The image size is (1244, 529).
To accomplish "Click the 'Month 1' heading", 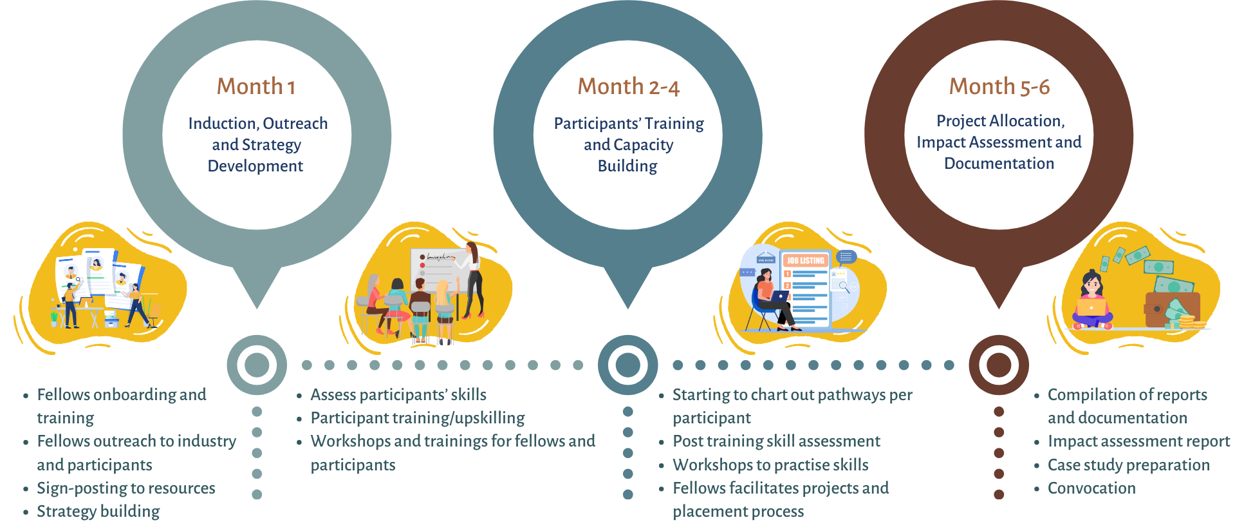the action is (x=256, y=86).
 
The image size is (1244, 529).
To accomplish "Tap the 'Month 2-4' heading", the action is (x=628, y=86).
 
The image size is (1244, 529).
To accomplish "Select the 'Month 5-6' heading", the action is (x=999, y=86).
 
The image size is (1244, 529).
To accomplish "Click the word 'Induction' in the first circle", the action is (x=223, y=123).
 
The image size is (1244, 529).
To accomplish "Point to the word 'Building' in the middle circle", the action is (x=627, y=166).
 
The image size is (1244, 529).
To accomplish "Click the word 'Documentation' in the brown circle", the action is (x=999, y=164).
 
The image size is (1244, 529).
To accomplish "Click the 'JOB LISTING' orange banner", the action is (x=805, y=260).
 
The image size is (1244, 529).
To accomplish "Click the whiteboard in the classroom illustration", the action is (x=438, y=270).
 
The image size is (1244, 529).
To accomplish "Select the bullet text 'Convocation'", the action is (x=1091, y=488).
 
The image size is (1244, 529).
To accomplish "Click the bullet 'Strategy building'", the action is (x=98, y=512).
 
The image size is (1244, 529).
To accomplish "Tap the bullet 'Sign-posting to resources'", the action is (x=126, y=488).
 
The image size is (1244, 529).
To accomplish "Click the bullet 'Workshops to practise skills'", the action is (x=770, y=465).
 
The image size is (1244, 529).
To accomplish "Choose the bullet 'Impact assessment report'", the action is (x=1138, y=441).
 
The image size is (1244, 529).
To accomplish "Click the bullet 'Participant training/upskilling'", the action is (x=418, y=418).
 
